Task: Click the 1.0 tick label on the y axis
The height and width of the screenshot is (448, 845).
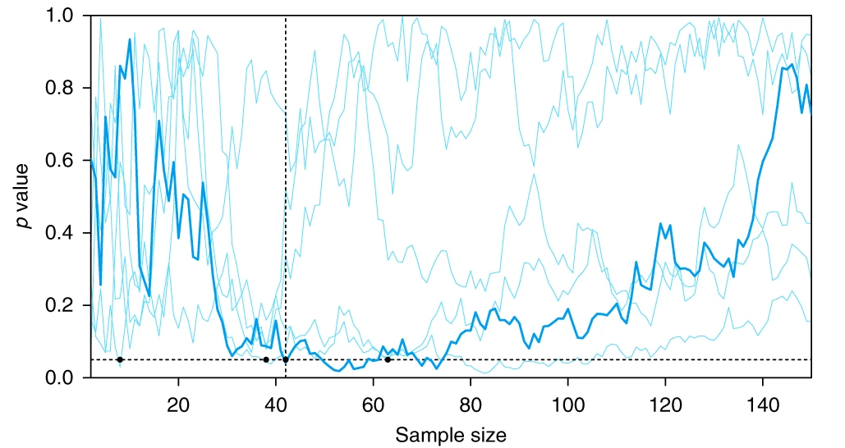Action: [62, 16]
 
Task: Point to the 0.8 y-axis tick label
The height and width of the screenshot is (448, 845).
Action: [62, 89]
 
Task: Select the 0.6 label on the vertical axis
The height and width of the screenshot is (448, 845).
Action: [62, 161]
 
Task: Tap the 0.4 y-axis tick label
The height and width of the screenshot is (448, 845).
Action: [62, 233]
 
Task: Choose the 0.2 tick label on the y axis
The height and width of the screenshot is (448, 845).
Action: [62, 305]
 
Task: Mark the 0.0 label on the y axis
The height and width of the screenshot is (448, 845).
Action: [62, 377]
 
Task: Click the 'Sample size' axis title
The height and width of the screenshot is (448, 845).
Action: [451, 434]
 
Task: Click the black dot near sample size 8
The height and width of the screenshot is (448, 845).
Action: [120, 359]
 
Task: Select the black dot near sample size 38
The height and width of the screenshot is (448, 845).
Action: [266, 359]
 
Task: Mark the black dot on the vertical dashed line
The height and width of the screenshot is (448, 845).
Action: [286, 359]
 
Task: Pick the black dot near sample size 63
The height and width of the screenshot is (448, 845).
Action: [388, 359]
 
